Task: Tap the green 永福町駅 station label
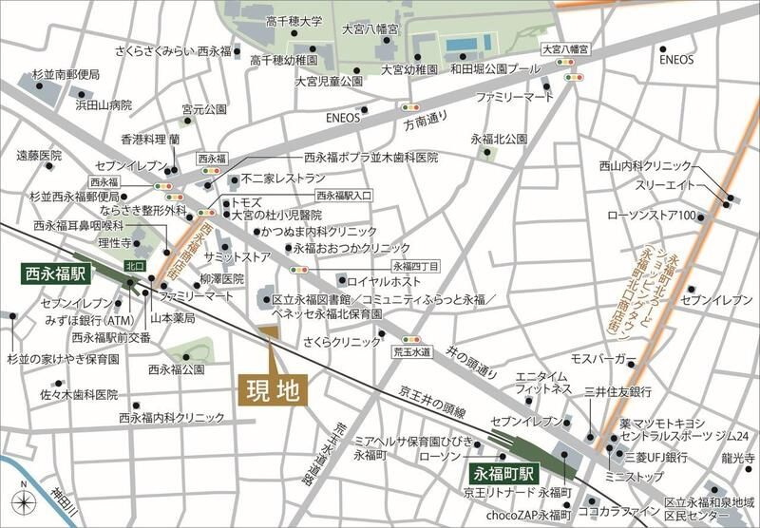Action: (x=505, y=472)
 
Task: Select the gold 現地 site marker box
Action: (x=271, y=391)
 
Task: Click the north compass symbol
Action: (x=22, y=502)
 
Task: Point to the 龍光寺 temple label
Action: (x=737, y=456)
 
